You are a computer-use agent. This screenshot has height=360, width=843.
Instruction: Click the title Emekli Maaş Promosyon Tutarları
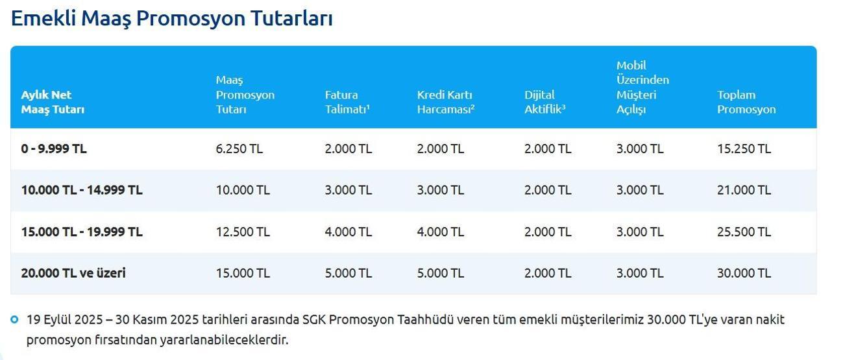(x=171, y=18)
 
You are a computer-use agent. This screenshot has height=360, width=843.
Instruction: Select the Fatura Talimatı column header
(x=347, y=102)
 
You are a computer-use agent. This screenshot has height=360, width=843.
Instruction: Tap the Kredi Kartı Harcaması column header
(x=445, y=102)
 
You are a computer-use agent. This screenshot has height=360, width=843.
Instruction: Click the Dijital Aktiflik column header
(x=544, y=102)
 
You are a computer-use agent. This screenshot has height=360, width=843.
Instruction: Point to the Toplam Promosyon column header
(x=746, y=102)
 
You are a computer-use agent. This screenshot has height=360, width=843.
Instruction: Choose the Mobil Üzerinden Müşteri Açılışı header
(x=642, y=87)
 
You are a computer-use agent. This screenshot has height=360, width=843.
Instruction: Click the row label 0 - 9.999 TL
(x=54, y=149)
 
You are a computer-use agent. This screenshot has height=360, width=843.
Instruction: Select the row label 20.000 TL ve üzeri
(x=73, y=273)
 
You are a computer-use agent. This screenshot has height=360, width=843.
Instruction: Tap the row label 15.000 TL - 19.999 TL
(x=82, y=232)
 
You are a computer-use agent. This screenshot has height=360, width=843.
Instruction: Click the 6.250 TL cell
(x=239, y=149)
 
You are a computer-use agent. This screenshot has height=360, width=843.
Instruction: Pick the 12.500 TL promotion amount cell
(x=243, y=232)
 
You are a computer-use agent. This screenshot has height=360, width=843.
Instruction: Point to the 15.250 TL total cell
(x=744, y=149)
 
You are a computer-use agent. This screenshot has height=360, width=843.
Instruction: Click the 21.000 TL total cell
(x=744, y=190)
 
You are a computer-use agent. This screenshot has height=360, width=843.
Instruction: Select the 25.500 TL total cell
(x=744, y=232)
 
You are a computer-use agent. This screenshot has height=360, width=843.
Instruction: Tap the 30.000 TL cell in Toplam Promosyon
(x=744, y=273)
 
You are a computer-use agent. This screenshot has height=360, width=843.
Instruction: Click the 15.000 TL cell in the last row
(x=243, y=273)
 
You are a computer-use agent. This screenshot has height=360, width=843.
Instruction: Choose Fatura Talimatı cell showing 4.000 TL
(x=348, y=232)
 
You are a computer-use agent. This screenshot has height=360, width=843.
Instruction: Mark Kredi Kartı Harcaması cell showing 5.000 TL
(x=441, y=273)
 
